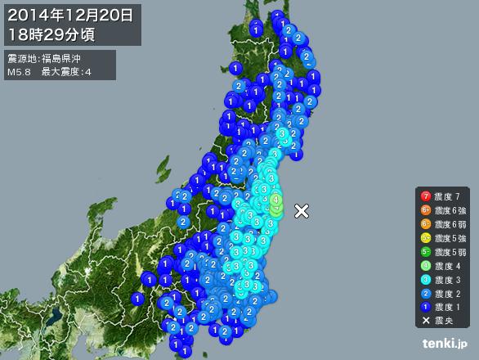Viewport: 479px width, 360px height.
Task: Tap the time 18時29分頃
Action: point(51,34)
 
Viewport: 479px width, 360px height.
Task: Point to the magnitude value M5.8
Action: point(19,72)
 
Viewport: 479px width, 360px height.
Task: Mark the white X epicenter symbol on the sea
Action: point(302,210)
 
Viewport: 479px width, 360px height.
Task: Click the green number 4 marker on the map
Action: point(276,199)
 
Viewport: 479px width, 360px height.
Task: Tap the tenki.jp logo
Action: point(445,344)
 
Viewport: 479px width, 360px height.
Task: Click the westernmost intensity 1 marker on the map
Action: point(137,299)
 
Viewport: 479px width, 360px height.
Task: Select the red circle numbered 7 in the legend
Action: point(425,196)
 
